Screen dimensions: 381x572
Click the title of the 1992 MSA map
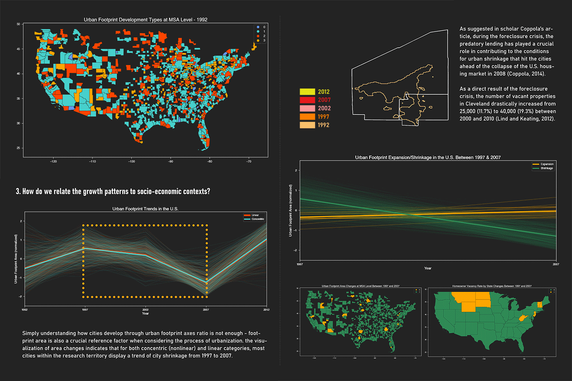(x=145, y=20)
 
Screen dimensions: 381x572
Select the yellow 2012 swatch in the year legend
(x=307, y=92)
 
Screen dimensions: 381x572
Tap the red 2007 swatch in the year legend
(x=307, y=100)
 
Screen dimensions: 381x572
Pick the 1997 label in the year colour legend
(x=323, y=117)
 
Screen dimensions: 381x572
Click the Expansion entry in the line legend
(x=546, y=164)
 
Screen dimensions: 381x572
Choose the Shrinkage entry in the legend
(x=546, y=168)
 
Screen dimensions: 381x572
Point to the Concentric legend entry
(x=258, y=219)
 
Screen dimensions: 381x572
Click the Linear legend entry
(x=255, y=215)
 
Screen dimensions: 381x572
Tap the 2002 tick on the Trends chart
(x=145, y=310)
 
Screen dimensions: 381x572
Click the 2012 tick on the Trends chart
(x=266, y=310)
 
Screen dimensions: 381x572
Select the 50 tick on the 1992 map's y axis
(x=18, y=24)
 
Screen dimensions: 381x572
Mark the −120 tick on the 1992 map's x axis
(x=53, y=162)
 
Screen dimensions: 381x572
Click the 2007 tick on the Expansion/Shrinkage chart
(x=556, y=264)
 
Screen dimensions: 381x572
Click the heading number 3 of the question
(x=18, y=192)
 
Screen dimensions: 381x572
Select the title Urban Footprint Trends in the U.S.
(x=145, y=209)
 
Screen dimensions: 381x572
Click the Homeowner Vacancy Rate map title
(x=492, y=286)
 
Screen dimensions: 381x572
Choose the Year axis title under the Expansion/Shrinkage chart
(x=428, y=268)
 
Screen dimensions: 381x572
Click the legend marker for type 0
(x=258, y=27)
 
